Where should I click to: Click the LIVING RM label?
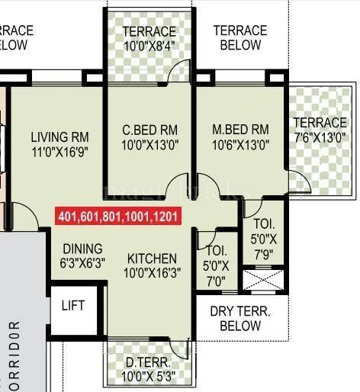point(60,137)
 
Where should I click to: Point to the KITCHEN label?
point(152,259)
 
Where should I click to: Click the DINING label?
point(82,249)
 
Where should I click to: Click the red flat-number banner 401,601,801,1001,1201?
point(117,217)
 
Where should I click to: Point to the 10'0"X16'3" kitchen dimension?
point(152,272)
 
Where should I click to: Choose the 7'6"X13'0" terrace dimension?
point(320,137)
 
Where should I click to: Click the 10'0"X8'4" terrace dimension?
point(150,45)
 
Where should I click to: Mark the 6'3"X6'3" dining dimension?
point(82,262)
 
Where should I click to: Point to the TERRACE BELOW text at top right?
point(240,38)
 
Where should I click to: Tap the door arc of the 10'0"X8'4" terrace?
point(178,71)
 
